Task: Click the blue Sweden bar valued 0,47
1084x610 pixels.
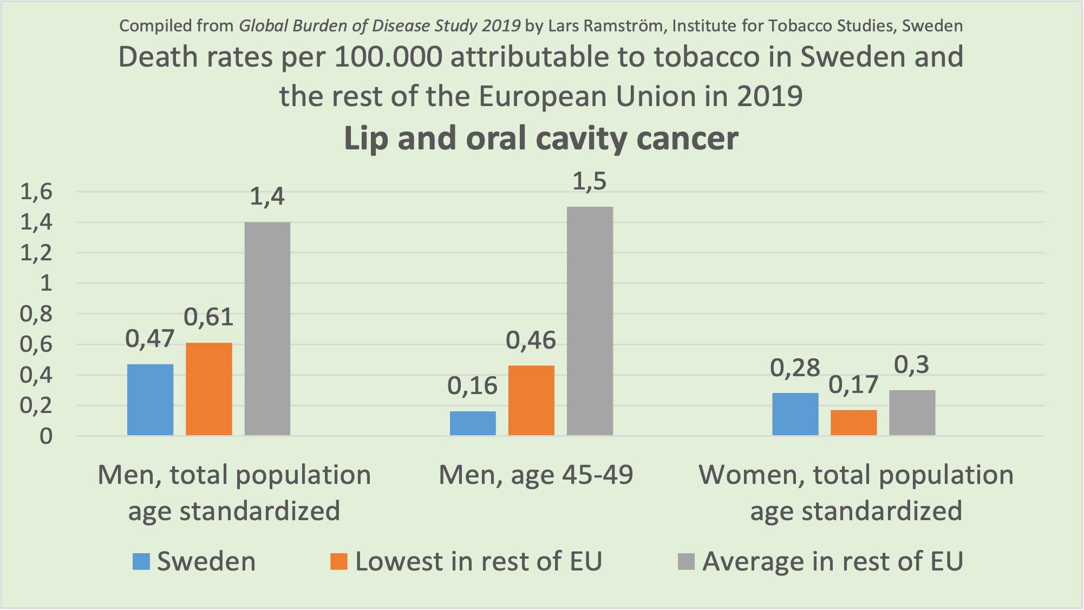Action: click(x=150, y=399)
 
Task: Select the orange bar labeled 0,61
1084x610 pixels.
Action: click(x=208, y=389)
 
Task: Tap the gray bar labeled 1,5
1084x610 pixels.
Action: click(x=590, y=320)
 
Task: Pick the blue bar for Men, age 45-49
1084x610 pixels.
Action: click(x=473, y=423)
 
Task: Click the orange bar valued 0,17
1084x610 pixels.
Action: click(x=853, y=422)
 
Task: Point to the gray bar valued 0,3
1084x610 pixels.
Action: click(x=912, y=412)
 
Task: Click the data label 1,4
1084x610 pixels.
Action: click(x=267, y=196)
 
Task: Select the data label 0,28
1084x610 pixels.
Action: click(x=795, y=369)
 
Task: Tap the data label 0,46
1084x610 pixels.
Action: click(x=531, y=341)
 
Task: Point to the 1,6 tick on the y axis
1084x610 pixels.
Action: click(x=36, y=192)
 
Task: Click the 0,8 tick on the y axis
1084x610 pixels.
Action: click(x=36, y=314)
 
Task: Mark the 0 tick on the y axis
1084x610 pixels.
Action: click(x=46, y=436)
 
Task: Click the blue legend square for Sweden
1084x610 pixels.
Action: click(x=141, y=561)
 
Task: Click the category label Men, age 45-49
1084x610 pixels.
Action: click(x=536, y=475)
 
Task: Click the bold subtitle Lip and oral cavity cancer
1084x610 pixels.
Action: click(x=541, y=139)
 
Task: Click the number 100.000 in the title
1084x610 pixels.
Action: click(x=388, y=57)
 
